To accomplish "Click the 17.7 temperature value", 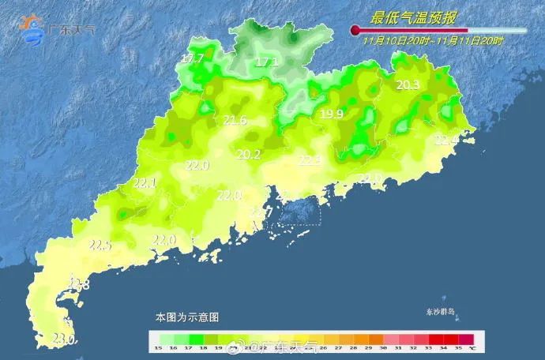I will point(193,58).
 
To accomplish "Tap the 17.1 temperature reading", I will point(267,62).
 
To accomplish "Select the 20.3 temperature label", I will point(408,85).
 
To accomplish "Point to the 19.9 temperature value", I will point(332,114).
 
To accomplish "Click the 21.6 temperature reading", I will point(235,120).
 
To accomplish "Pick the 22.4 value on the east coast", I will point(446,140).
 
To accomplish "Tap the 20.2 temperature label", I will point(249,154).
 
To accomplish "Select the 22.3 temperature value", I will point(310,160).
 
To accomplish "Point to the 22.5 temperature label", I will point(100,245).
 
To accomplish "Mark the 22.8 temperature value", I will point(78,284).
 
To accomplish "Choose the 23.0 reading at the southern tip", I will point(62,339).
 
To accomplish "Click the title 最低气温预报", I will point(415,17).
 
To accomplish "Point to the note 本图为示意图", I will point(187,317).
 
